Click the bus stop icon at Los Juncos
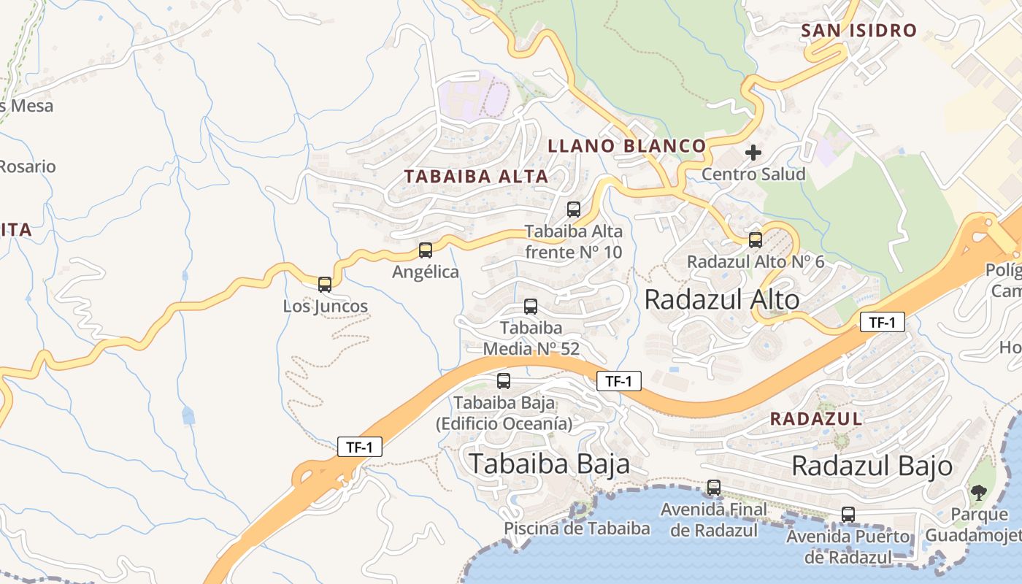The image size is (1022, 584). point(325,285)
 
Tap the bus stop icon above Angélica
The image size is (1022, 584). point(426,250)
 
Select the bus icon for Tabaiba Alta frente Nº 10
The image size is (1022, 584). point(574,210)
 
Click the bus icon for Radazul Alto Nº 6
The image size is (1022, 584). point(756,239)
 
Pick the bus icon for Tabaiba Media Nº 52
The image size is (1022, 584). point(531,307)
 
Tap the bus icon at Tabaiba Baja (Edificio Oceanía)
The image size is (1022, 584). point(504,380)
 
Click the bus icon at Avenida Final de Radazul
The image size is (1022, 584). point(714,487)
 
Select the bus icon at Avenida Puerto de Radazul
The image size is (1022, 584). point(848,514)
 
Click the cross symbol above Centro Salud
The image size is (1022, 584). point(753,153)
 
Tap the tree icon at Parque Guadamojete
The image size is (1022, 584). point(978,492)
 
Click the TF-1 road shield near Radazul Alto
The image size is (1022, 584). point(882,322)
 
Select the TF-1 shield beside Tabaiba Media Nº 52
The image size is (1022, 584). point(619,380)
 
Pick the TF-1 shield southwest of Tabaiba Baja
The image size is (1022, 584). point(360,447)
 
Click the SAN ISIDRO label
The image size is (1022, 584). point(858,31)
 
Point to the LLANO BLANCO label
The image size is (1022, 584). point(627,146)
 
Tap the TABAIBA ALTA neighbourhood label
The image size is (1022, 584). point(476,176)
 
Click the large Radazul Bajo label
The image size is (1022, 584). point(872,465)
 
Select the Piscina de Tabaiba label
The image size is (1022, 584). point(577,529)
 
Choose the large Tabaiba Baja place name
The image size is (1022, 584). point(549,463)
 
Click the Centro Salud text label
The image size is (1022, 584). point(753,174)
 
